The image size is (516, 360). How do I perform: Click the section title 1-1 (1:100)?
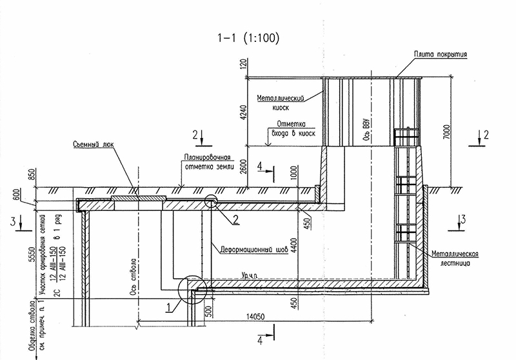pos(248,38)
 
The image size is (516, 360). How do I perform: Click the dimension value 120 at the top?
pos(243,65)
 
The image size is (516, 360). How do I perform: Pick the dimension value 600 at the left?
pos(15,194)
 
